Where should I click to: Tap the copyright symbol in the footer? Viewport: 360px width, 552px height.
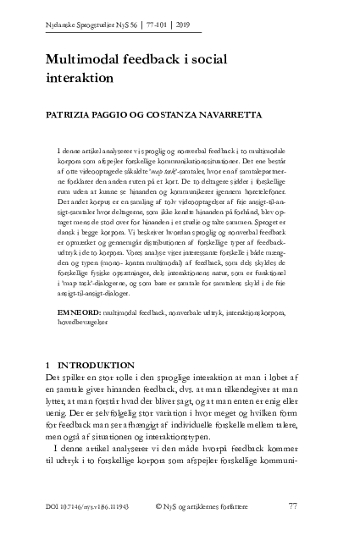(160, 506)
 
